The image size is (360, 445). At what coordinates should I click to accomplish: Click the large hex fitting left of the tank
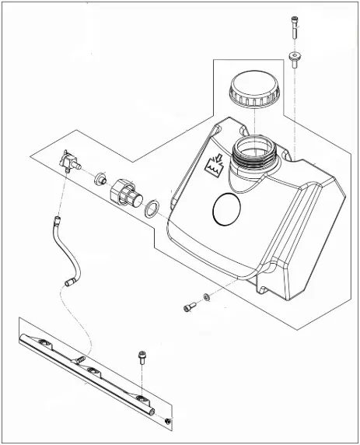point(125,191)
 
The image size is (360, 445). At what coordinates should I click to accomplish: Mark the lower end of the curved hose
point(71,282)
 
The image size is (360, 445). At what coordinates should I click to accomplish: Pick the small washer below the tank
point(205,296)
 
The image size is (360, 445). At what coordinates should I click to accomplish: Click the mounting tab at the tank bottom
point(261,291)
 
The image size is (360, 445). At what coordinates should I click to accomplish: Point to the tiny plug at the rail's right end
point(167,422)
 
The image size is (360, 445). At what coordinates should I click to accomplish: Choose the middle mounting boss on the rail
point(92,371)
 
